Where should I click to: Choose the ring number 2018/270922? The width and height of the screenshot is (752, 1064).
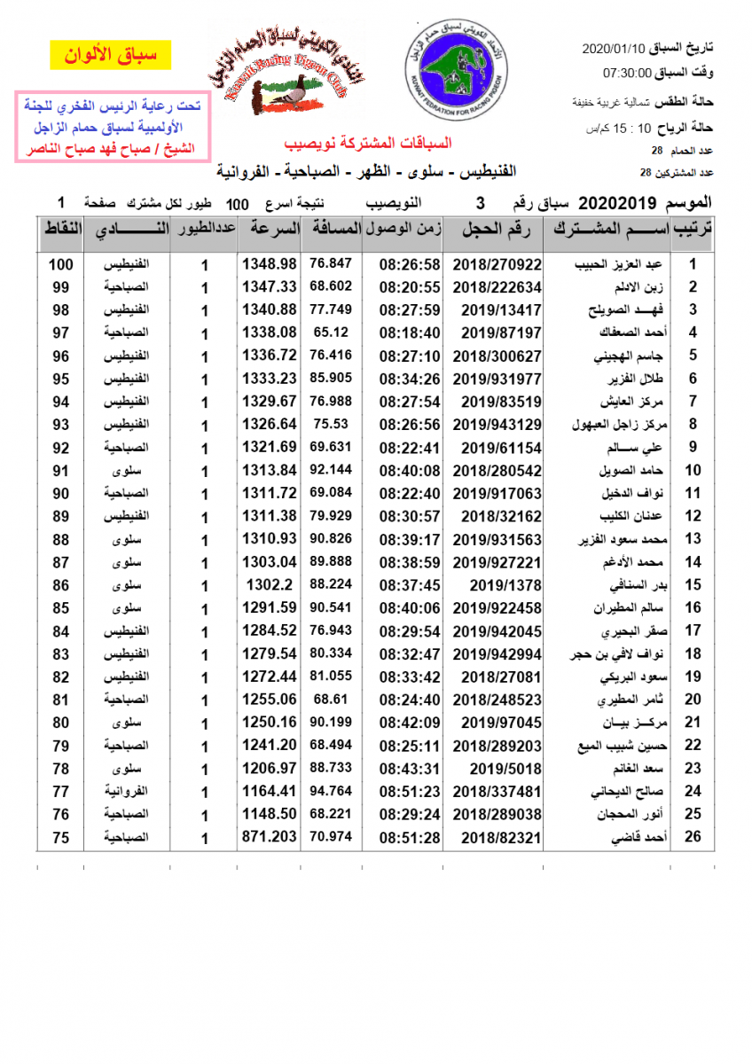click(497, 264)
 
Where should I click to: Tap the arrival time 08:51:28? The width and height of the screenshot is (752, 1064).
click(410, 837)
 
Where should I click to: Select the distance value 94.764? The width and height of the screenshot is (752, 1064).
click(331, 791)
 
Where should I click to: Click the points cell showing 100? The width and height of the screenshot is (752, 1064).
click(60, 264)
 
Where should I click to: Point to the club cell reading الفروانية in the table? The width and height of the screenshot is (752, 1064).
click(126, 791)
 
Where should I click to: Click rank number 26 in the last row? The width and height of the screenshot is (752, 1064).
click(693, 837)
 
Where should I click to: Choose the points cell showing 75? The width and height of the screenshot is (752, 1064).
click(60, 837)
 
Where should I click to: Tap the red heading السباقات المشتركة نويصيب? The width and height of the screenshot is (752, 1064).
click(367, 143)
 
